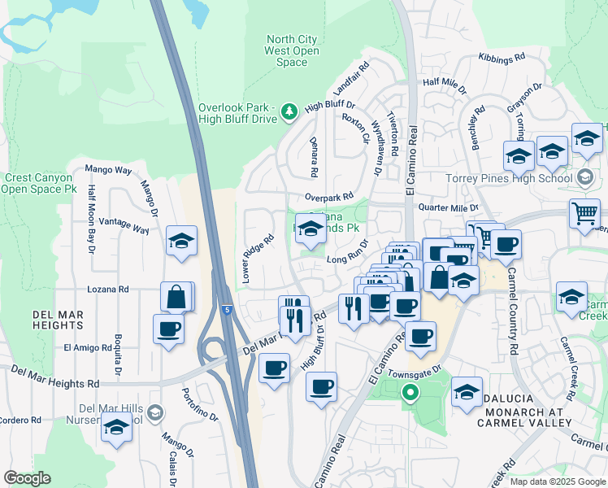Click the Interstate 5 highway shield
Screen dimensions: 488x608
[227, 309]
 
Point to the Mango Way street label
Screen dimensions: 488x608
[108, 170]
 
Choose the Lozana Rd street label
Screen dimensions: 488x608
[108, 289]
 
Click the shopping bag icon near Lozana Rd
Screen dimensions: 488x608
[177, 297]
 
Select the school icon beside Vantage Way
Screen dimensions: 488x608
[182, 241]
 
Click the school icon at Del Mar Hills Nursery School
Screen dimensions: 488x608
[117, 427]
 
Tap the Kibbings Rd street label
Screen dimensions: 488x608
[503, 59]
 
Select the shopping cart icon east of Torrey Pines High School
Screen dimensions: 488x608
[584, 214]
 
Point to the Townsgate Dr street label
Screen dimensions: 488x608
[415, 368]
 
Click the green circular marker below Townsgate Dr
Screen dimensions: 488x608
[410, 394]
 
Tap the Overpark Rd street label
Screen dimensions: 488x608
[329, 197]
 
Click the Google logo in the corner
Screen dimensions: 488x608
[27, 478]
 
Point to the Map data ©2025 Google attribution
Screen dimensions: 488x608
[557, 481]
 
